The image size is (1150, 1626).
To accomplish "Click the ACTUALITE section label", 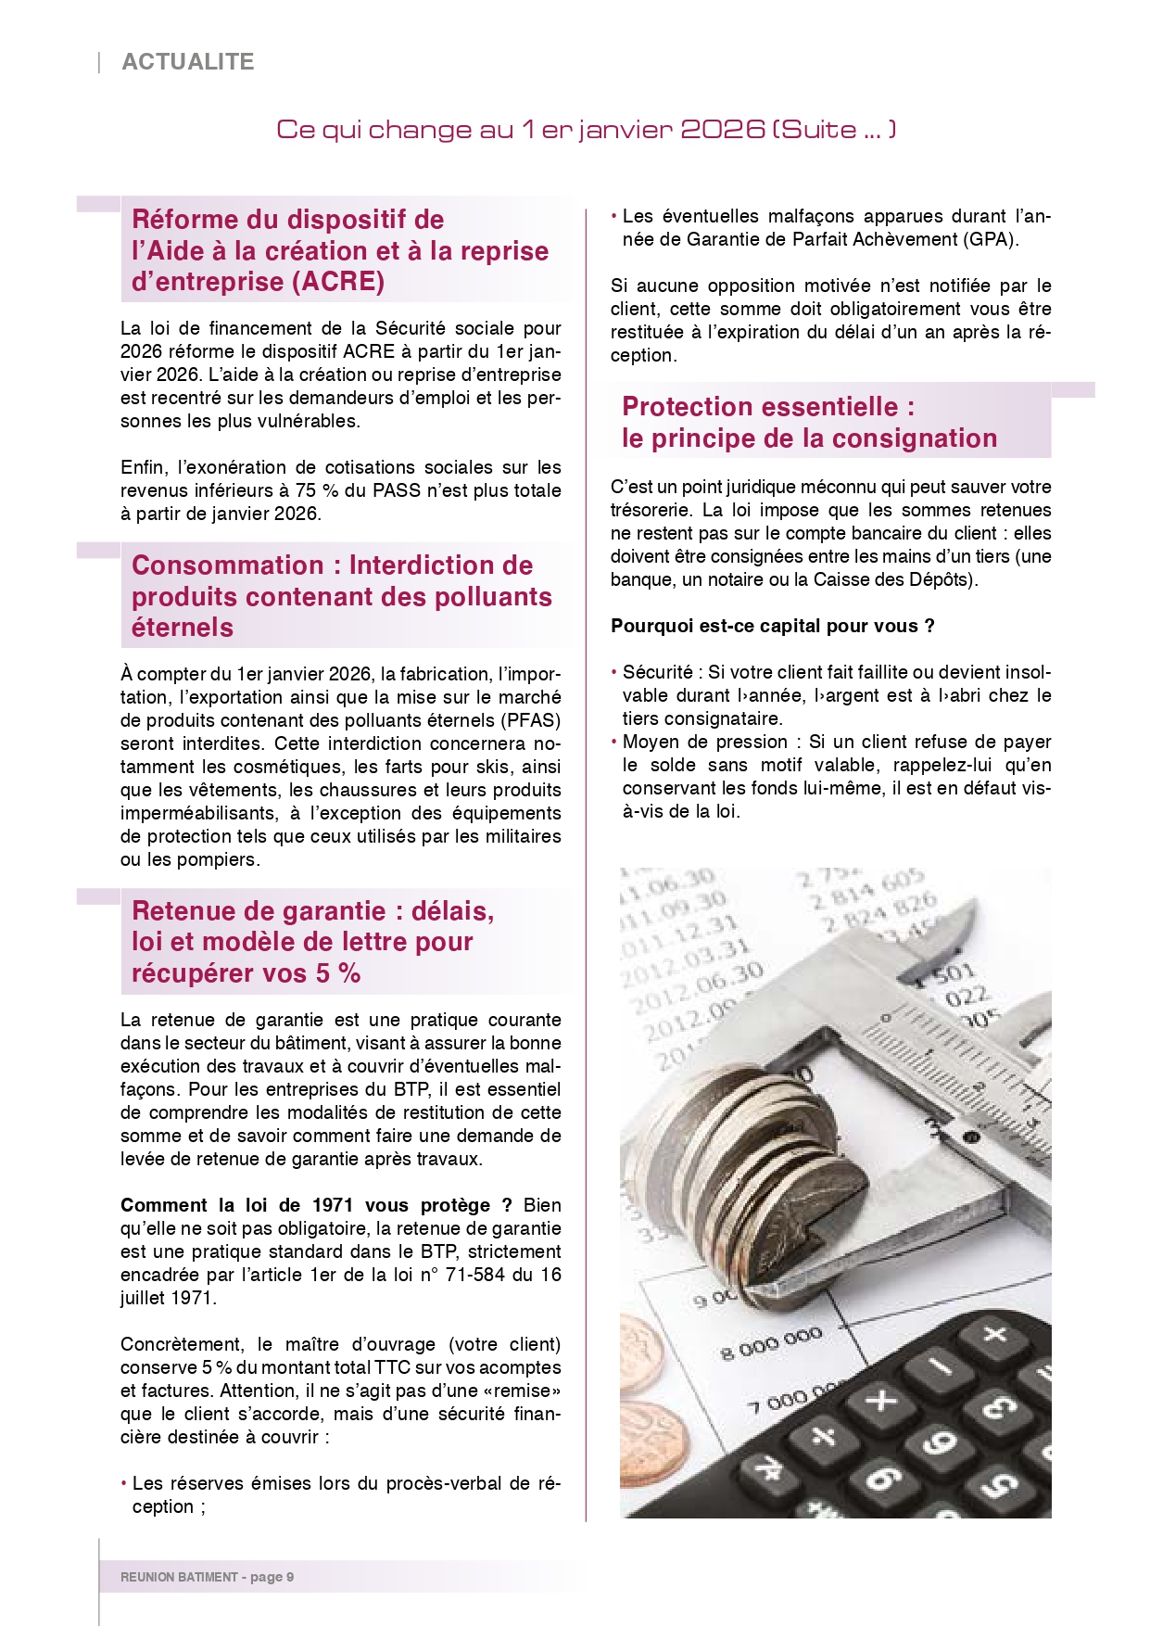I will pos(188,62).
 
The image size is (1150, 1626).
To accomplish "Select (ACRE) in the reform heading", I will pos(338,282).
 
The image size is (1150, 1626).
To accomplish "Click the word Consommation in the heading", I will pos(228,565).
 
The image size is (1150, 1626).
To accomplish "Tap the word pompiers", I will pos(218,859).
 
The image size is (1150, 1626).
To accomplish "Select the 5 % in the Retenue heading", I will pos(337,973).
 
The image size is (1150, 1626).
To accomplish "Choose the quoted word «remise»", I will pos(527,1391).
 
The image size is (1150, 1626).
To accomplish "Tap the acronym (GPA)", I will pos(989,239).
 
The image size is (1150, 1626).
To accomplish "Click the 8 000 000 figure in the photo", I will pos(771,1343).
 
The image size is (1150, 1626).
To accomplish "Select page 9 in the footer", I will pos(272,1577).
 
